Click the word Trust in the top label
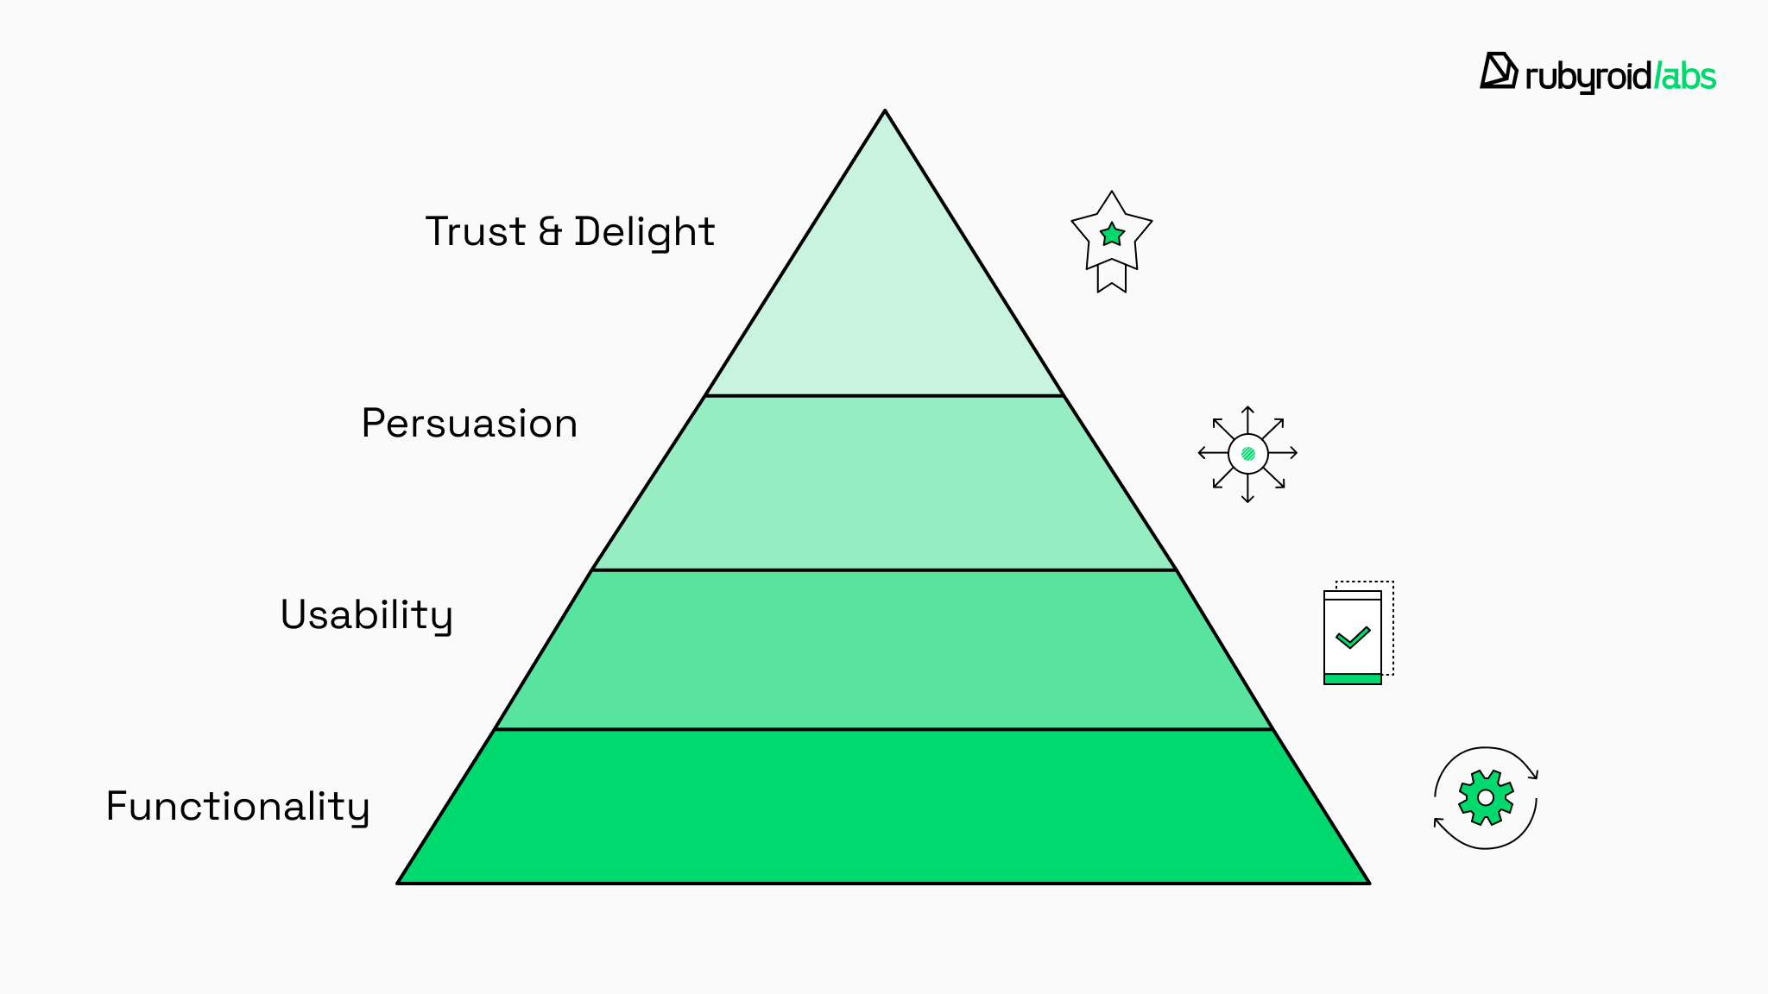click(475, 232)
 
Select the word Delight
click(645, 232)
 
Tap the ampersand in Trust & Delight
click(550, 232)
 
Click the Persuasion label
click(469, 424)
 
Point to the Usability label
click(366, 615)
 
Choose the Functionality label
click(237, 807)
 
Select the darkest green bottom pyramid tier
click(884, 807)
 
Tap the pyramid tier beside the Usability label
click(884, 650)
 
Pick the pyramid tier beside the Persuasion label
click(884, 483)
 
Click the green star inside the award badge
click(1112, 234)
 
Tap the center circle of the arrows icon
click(1247, 454)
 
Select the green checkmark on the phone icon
click(1353, 638)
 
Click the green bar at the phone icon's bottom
click(1353, 679)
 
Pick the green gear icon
click(1486, 797)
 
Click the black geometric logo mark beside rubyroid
click(1499, 71)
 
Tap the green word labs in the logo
click(1687, 77)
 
